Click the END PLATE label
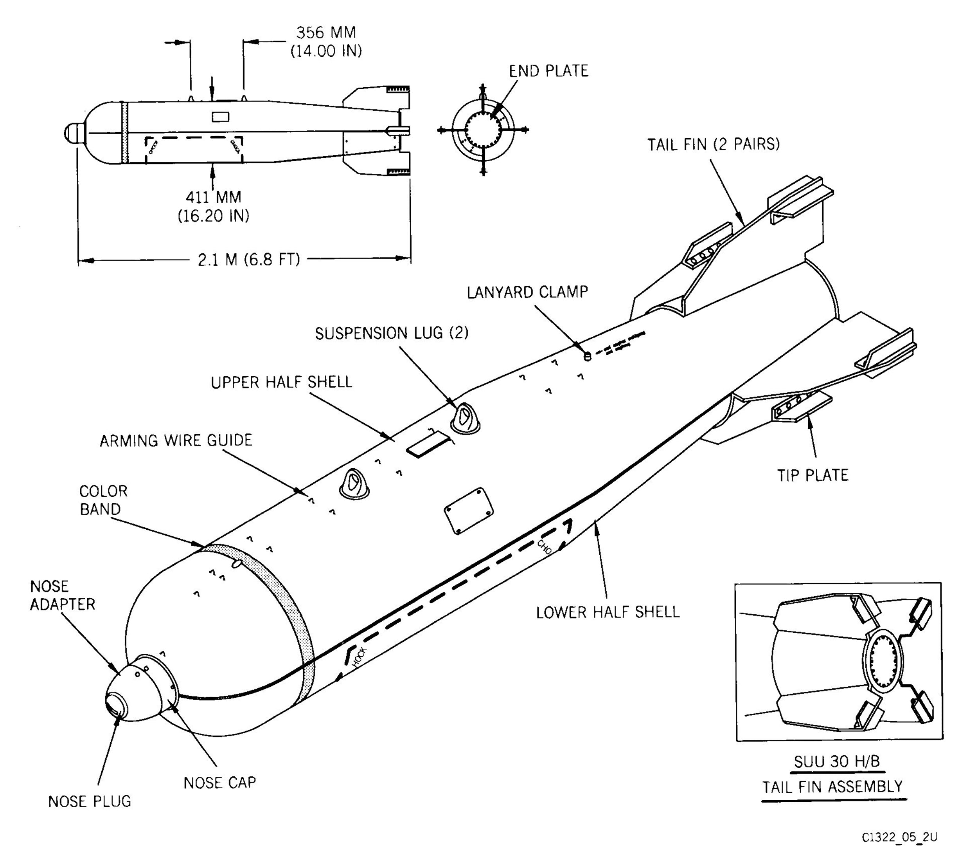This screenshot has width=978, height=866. [x=548, y=71]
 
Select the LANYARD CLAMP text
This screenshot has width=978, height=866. [x=527, y=292]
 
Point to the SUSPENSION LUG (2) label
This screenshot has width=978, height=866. [x=391, y=333]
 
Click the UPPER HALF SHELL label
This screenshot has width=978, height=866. [x=281, y=382]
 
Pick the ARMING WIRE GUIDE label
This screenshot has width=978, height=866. [x=176, y=440]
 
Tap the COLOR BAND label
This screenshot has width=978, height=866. [x=103, y=500]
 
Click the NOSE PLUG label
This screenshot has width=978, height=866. [x=90, y=801]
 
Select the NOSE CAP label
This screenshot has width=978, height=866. [x=219, y=783]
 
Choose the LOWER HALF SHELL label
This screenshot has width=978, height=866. [x=608, y=612]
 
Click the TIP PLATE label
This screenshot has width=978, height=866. [x=813, y=475]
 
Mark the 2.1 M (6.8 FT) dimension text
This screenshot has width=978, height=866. [x=249, y=260]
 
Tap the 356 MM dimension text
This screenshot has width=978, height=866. [x=326, y=32]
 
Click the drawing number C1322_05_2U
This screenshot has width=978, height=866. [x=899, y=837]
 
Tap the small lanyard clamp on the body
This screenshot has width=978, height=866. [x=588, y=356]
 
